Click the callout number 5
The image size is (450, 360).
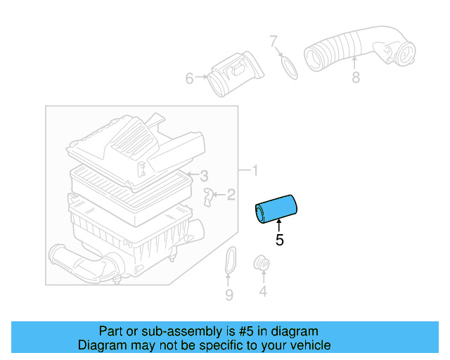[280, 240]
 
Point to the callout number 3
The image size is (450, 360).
[204, 175]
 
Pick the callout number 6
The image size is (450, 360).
[189, 79]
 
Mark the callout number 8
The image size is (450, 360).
[356, 77]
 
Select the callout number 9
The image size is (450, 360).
[229, 295]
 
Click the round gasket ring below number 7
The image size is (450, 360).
[287, 66]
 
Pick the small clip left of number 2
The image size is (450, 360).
[209, 196]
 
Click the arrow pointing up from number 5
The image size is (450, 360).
[279, 225]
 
